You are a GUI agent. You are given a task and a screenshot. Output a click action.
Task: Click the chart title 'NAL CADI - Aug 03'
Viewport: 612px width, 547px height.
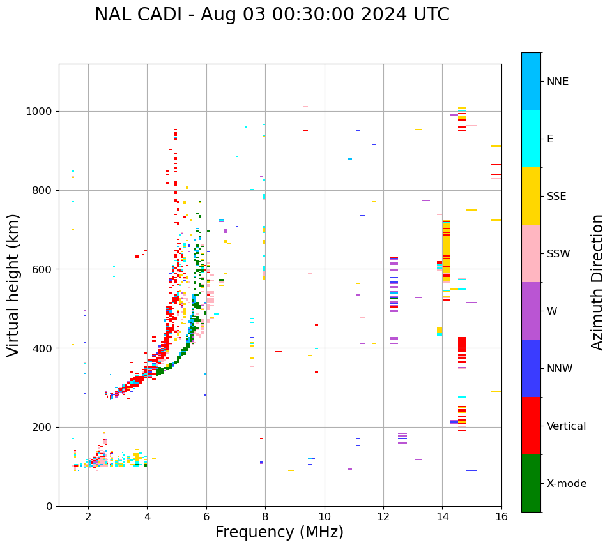[x=272, y=15]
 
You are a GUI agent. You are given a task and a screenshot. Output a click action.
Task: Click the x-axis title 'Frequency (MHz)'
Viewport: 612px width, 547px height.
[x=279, y=532]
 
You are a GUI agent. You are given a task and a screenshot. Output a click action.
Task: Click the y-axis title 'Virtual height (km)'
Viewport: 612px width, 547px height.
[x=13, y=285]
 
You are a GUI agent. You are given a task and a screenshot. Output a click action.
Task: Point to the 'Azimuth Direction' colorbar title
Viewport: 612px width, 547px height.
[x=597, y=282]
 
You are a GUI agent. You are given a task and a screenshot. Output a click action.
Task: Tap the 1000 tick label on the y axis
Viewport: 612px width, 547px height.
[x=40, y=112]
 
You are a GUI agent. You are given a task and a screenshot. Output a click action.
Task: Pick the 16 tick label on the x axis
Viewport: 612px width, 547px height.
[x=501, y=516]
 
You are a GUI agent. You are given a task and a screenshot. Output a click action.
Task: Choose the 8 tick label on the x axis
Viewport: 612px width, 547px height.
[x=265, y=516]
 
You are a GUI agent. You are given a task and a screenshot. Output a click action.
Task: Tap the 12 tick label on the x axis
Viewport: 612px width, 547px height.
[x=383, y=516]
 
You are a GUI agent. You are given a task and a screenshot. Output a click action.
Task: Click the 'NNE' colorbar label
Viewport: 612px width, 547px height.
[x=558, y=82]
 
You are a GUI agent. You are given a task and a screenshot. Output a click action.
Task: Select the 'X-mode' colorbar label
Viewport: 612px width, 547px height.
[x=566, y=484]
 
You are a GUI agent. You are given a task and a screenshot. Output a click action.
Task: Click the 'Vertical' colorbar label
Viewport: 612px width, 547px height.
[x=566, y=426]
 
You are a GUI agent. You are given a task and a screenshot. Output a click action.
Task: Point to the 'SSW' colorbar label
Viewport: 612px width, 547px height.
[x=558, y=254]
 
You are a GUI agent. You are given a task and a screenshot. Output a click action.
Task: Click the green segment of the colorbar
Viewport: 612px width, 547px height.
[x=531, y=483]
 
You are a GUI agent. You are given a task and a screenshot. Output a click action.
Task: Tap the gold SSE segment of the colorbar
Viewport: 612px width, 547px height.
[x=531, y=196]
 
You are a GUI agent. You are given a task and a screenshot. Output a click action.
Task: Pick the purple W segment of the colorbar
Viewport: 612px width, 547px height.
[x=531, y=311]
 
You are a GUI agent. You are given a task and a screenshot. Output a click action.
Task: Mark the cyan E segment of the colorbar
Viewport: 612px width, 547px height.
[x=531, y=139]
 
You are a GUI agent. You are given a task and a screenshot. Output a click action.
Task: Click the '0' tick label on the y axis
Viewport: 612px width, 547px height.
[x=49, y=506]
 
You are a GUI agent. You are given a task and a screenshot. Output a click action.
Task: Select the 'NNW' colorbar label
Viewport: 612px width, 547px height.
[x=560, y=369]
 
